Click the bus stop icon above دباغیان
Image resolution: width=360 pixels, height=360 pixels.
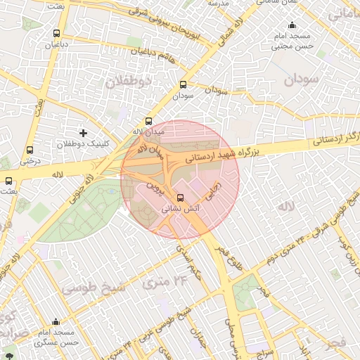(56, 33)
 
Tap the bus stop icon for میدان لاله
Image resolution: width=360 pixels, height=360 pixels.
(148, 121)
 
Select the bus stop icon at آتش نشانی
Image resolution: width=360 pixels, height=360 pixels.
(181, 198)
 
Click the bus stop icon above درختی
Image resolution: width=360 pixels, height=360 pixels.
(30, 150)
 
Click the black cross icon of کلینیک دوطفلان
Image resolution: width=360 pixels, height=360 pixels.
(84, 132)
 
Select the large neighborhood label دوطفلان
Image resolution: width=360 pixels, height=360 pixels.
(129, 82)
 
